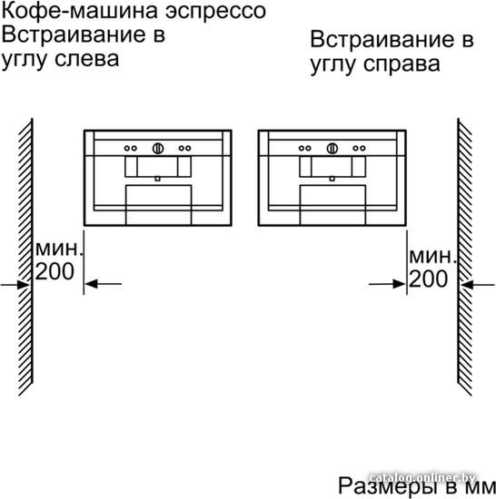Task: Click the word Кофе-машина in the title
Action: tap(80, 12)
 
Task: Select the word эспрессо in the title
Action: tap(216, 13)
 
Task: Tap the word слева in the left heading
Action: tap(87, 59)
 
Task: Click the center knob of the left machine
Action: tap(158, 148)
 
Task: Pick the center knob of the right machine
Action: tap(332, 148)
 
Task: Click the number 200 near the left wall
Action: tap(55, 272)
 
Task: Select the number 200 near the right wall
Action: tap(428, 279)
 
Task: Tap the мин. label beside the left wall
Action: tap(59, 249)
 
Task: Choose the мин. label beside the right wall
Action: tap(432, 257)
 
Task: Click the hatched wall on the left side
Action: tap(25, 257)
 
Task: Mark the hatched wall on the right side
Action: tap(464, 257)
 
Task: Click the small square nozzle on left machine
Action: tap(158, 179)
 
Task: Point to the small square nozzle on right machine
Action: tap(332, 179)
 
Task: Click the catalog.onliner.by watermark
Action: tap(423, 478)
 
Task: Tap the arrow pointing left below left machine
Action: tap(103, 284)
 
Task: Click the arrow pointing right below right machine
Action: tap(387, 284)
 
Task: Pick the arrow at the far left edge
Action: tap(15, 285)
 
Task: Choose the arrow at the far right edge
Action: tap(477, 285)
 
